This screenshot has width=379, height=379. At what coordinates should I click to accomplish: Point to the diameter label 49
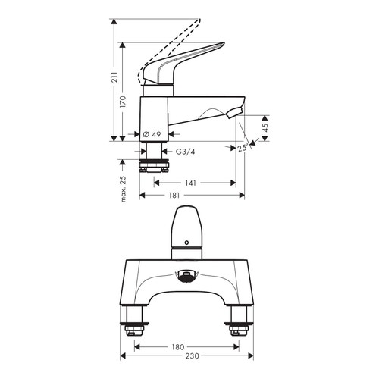[154, 135]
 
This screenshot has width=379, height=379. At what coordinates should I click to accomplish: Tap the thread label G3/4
[184, 152]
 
